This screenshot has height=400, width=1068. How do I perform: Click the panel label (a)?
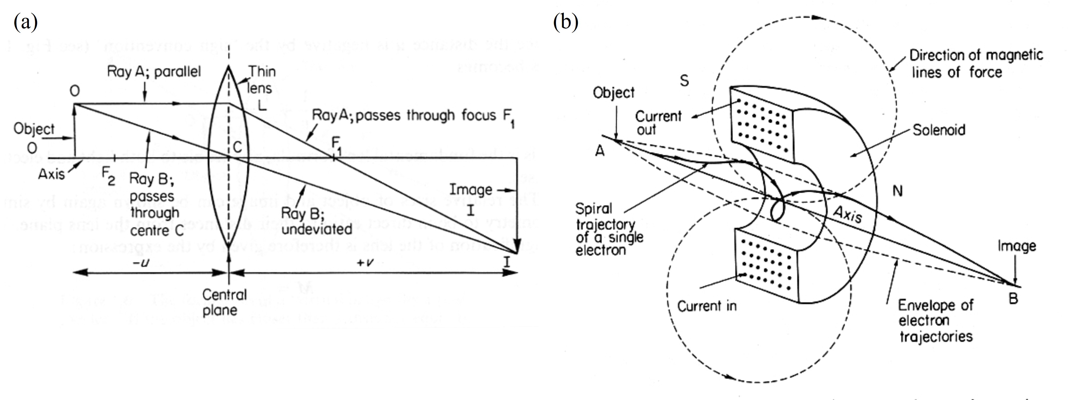(x=25, y=22)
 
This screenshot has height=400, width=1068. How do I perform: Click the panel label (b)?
(x=566, y=22)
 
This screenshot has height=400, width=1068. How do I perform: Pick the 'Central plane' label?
(x=224, y=302)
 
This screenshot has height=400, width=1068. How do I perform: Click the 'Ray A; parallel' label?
(x=154, y=71)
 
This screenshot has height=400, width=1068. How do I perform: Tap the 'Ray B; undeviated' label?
(x=316, y=221)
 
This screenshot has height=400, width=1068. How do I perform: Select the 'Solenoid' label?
(x=939, y=130)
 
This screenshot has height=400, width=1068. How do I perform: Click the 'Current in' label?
(x=707, y=306)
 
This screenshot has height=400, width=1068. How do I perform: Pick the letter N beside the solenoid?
(x=898, y=191)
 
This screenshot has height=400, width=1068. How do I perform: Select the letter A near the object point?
(x=600, y=151)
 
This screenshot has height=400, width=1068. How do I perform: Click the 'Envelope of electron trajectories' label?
(x=935, y=320)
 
